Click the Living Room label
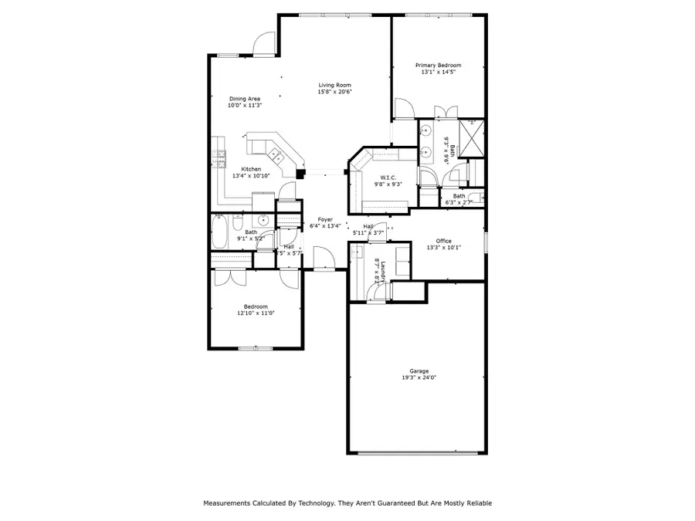tap(335, 85)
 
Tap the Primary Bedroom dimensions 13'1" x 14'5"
tap(438, 73)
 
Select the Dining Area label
tap(244, 99)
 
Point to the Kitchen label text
tap(251, 169)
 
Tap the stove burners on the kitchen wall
tap(220, 158)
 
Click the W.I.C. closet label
tap(388, 178)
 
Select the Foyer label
tap(325, 220)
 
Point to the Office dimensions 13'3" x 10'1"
tap(443, 248)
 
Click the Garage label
tap(419, 371)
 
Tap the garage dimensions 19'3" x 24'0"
tap(419, 378)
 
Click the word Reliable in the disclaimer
tap(476, 503)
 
